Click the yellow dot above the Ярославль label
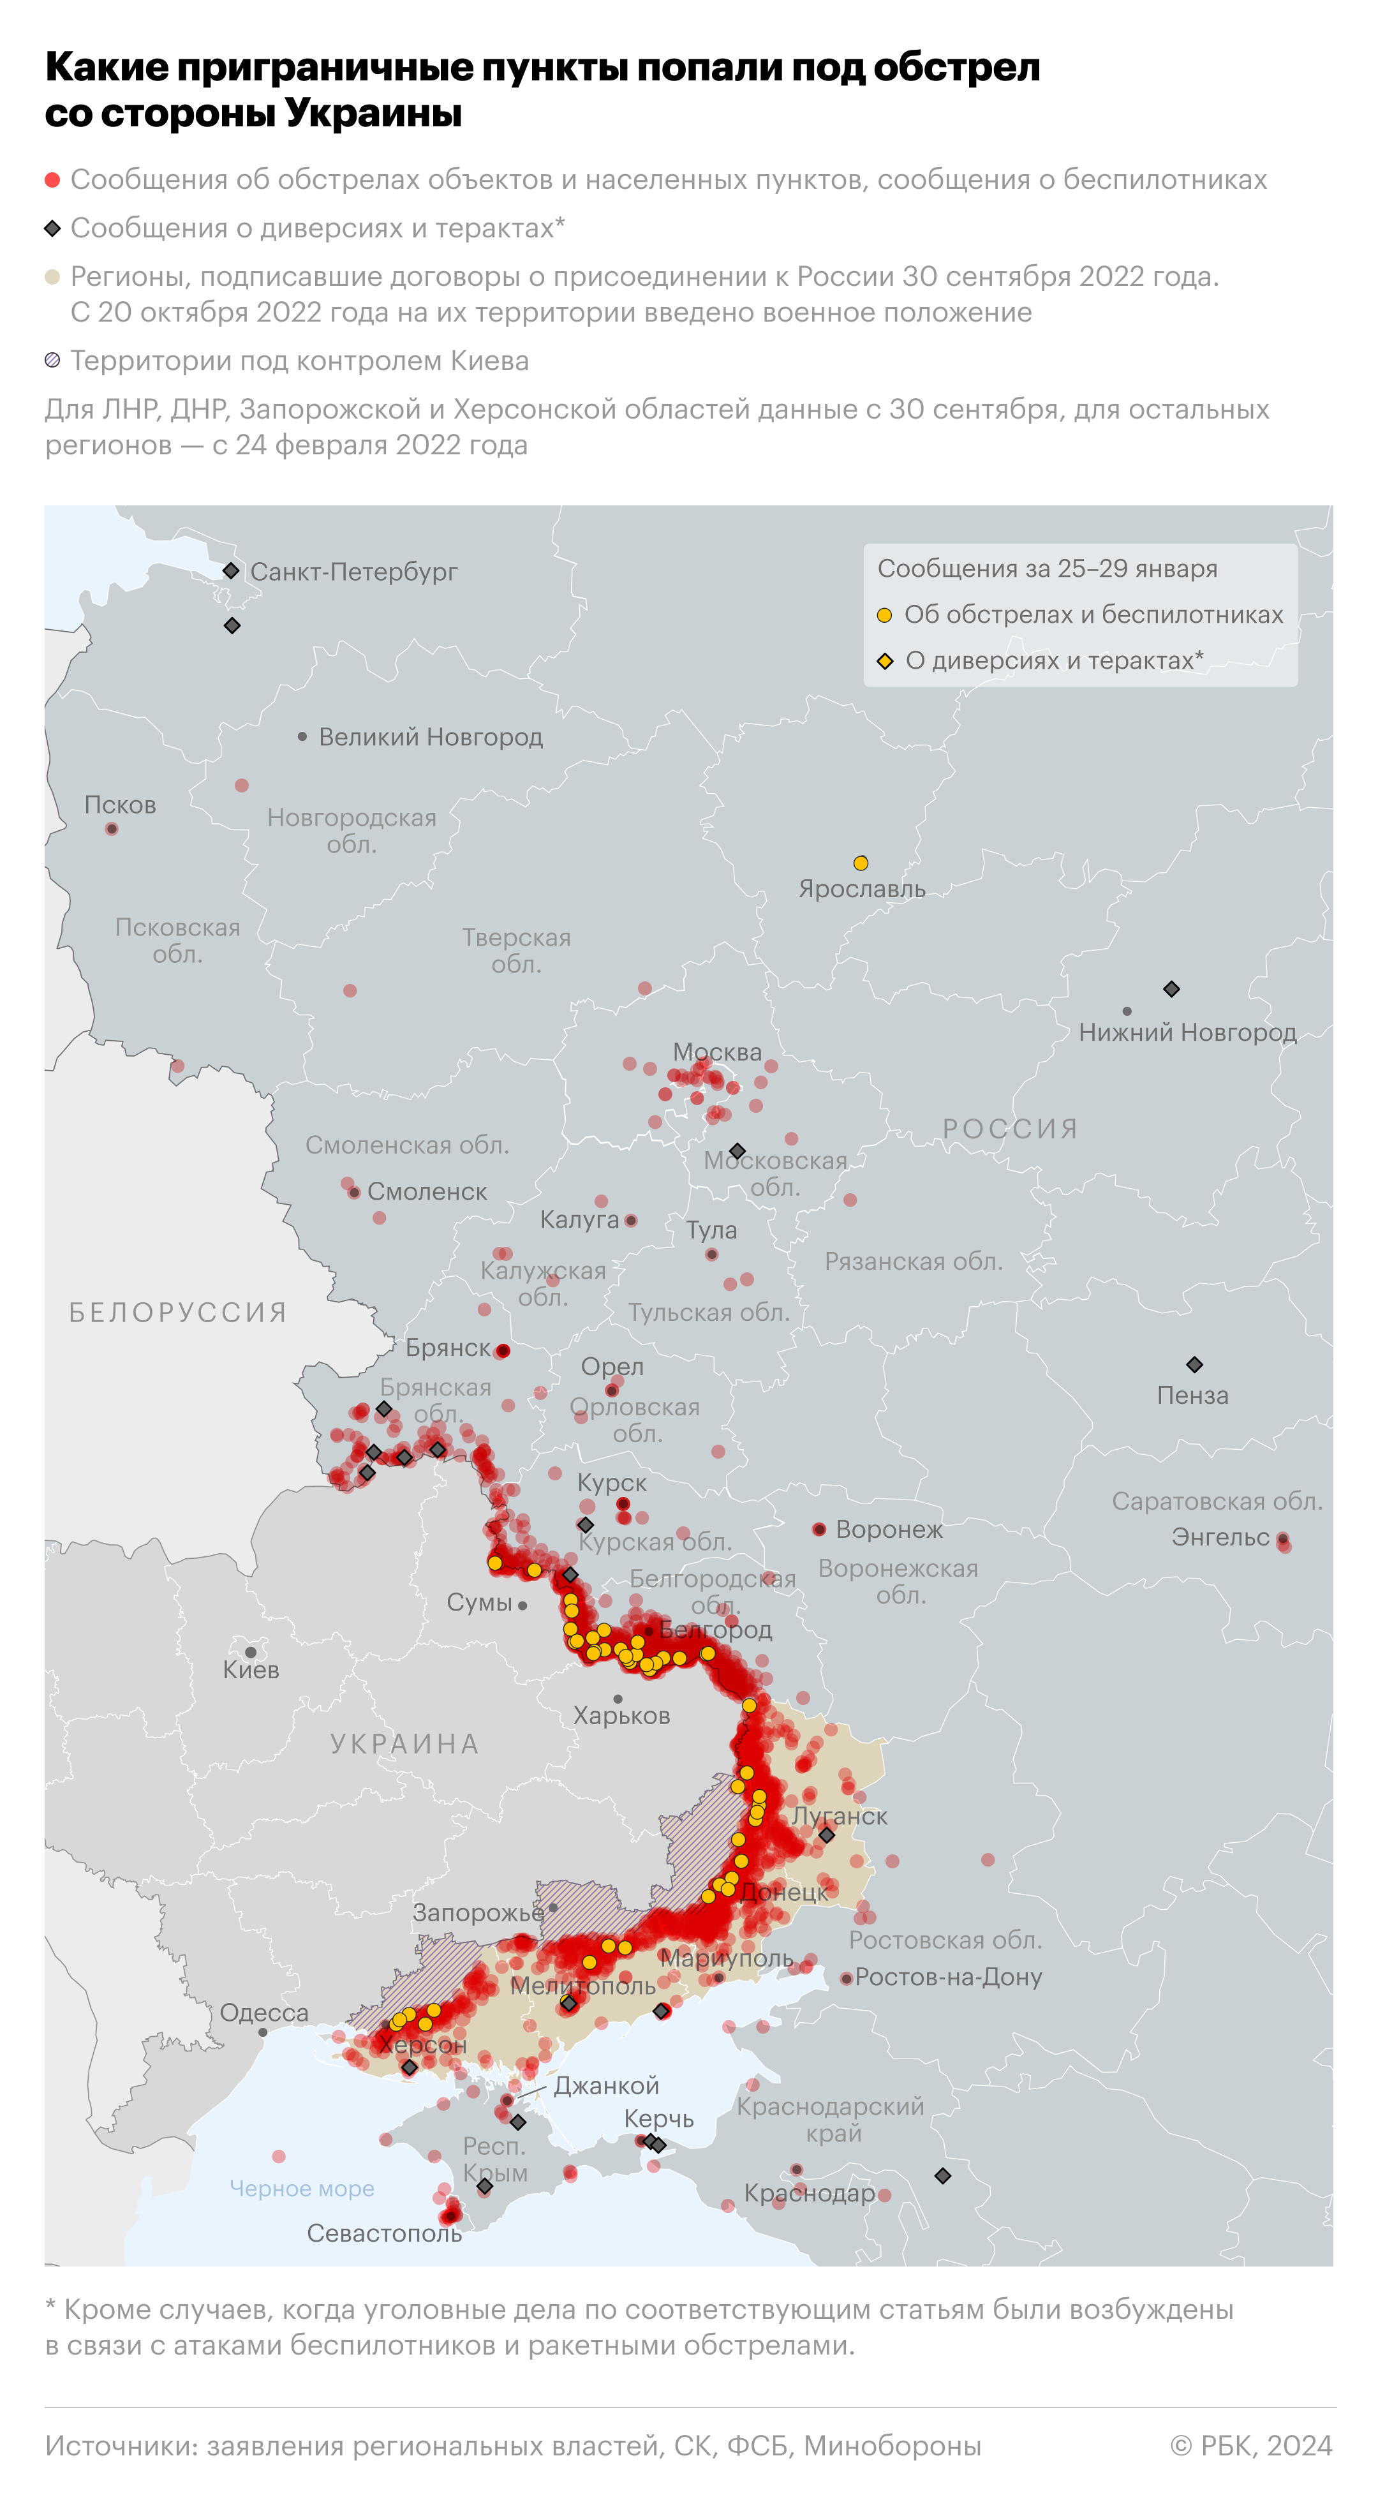[x=861, y=863]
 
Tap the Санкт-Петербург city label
[x=353, y=572]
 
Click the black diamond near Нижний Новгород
[x=1171, y=988]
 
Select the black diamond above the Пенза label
[x=1194, y=1364]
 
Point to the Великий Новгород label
[x=431, y=737]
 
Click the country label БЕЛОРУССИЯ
[x=178, y=1313]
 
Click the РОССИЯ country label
[x=1010, y=1129]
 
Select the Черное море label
[x=302, y=2189]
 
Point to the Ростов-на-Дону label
[x=949, y=1977]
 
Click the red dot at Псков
[x=112, y=829]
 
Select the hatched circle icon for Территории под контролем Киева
[x=52, y=361]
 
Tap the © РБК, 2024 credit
[x=1250, y=2446]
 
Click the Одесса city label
[x=264, y=2013]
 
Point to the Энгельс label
[x=1220, y=1537]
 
